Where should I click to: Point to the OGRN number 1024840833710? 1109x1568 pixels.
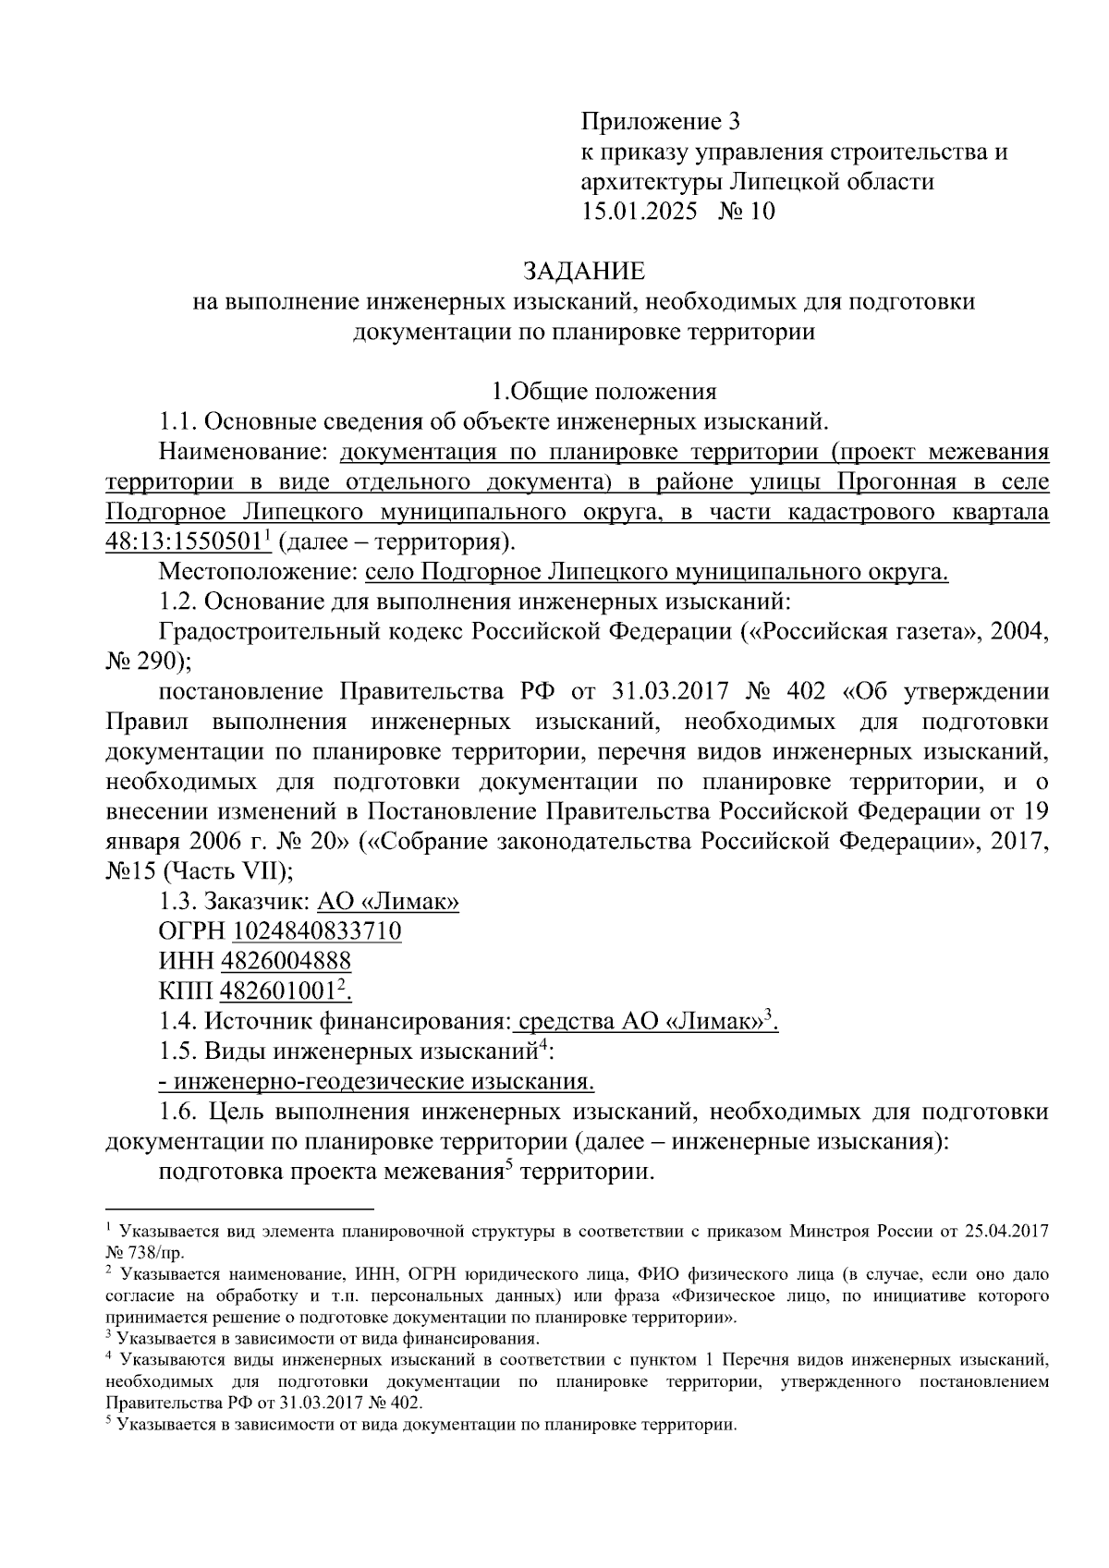coord(317,930)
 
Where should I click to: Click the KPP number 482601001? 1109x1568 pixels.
coord(276,991)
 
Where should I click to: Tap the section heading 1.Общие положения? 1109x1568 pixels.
coord(603,392)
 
